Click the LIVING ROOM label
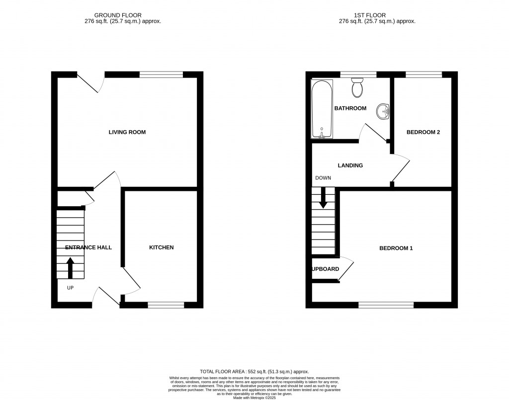pos(127,132)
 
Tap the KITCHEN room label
pos(162,247)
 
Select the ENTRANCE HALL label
pos(88,247)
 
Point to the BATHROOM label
pos(350,108)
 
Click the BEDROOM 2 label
pos(423,132)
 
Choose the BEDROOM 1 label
pos(396,248)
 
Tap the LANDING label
pos(350,165)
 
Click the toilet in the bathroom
pos(357,87)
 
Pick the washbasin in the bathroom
pos(384,111)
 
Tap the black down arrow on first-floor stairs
pos(323,198)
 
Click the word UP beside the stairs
pos(70,288)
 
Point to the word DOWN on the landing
pos(323,178)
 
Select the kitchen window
pos(166,305)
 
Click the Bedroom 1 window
pos(386,305)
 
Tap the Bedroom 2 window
pos(424,75)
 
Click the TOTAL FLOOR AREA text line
pos(254,372)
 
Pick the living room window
pos(161,75)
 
